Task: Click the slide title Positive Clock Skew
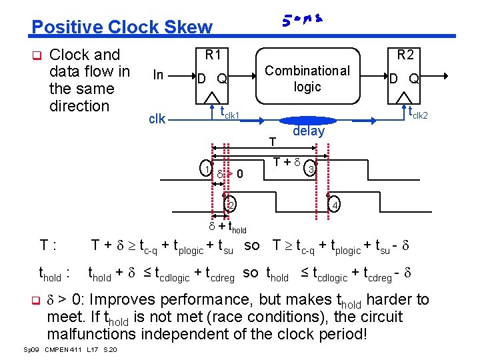click(121, 27)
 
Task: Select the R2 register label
click(405, 54)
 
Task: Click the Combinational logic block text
click(307, 78)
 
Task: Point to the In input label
click(158, 75)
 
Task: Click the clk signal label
click(157, 119)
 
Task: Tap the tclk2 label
click(417, 114)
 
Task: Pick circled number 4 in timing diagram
click(335, 204)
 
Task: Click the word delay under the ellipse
click(308, 131)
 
